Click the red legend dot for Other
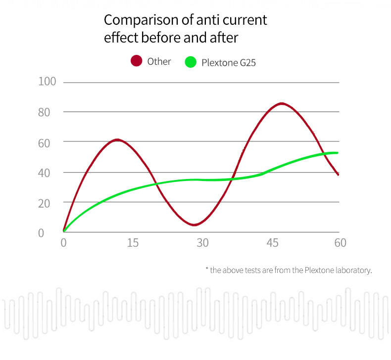137,61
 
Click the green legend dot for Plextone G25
191,63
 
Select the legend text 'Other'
159,61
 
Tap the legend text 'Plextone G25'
228,63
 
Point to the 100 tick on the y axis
48,82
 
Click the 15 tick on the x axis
133,243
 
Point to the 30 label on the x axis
202,243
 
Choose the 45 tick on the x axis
272,243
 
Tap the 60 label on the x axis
340,243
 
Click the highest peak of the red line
282,103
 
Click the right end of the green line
338,153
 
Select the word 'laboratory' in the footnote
352,270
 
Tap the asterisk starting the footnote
207,269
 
